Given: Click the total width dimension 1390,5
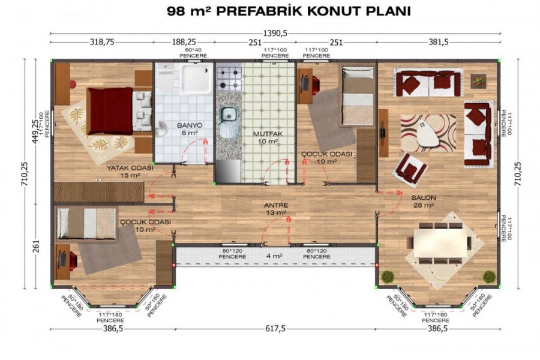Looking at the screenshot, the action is click(x=275, y=34).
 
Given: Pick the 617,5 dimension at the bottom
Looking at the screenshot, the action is click(x=275, y=329).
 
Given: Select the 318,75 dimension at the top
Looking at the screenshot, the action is click(x=102, y=42).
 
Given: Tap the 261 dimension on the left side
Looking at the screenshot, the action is click(x=36, y=246).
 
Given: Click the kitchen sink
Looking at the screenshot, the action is click(x=228, y=113).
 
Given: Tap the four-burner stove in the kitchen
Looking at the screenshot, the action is click(x=229, y=78).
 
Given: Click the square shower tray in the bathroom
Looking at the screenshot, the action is click(x=196, y=79).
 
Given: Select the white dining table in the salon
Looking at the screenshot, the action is click(x=440, y=243).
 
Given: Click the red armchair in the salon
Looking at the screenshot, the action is click(x=410, y=168).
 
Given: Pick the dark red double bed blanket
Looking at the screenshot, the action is click(x=110, y=111).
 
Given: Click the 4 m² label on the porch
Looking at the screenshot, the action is click(x=274, y=256).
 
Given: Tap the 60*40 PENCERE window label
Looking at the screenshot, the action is click(x=193, y=53).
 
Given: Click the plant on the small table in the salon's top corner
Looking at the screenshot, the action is click(x=478, y=82).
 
